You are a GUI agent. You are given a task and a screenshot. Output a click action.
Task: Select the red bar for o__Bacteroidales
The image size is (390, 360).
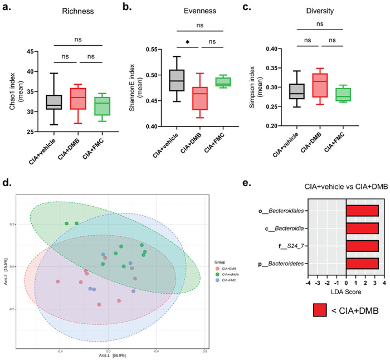tap(362, 210)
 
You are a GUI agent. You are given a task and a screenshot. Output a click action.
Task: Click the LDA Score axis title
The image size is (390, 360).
tap(345, 293)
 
